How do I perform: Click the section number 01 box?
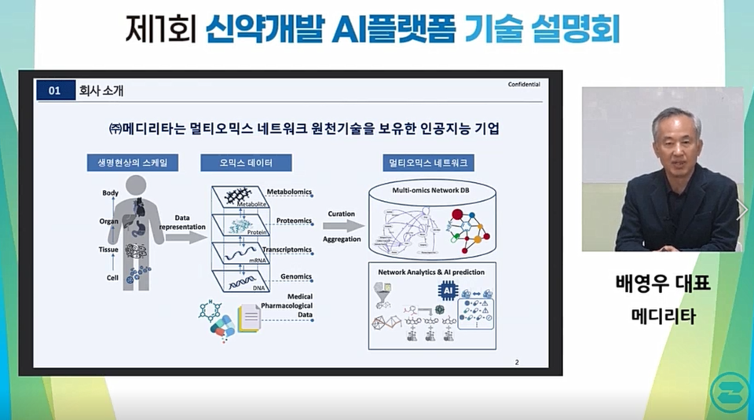[x=55, y=91]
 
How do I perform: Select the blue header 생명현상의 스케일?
[x=132, y=163]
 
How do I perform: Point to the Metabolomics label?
[x=290, y=192]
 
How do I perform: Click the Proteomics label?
[x=295, y=221]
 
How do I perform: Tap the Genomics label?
[x=295, y=276]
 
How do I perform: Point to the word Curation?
[x=341, y=214]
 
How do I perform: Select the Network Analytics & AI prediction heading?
[x=432, y=272]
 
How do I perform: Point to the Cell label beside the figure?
[x=112, y=278]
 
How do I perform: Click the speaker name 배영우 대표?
[x=663, y=283]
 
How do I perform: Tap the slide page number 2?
[x=517, y=362]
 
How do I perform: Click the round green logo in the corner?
[x=728, y=391]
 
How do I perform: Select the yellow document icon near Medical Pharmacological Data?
[x=250, y=318]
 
